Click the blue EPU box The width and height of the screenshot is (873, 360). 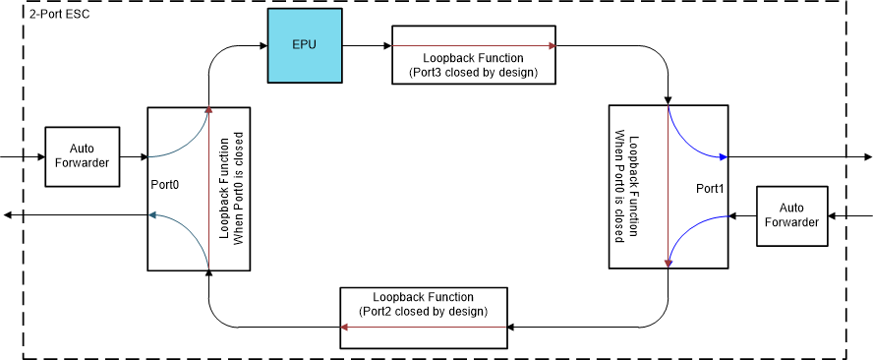click(305, 46)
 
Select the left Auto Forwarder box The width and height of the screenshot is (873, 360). click(83, 157)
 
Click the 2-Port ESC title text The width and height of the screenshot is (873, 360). click(60, 14)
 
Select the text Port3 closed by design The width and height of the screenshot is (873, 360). click(474, 73)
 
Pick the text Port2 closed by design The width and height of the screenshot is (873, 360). click(423, 311)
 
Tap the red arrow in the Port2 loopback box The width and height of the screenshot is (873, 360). click(423, 328)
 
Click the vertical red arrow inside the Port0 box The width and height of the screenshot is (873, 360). click(208, 187)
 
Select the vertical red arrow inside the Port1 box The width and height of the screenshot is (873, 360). click(669, 187)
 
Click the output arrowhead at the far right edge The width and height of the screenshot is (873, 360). click(866, 157)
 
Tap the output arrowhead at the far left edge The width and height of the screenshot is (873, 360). click(8, 216)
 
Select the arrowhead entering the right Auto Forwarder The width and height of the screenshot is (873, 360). click(833, 216)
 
